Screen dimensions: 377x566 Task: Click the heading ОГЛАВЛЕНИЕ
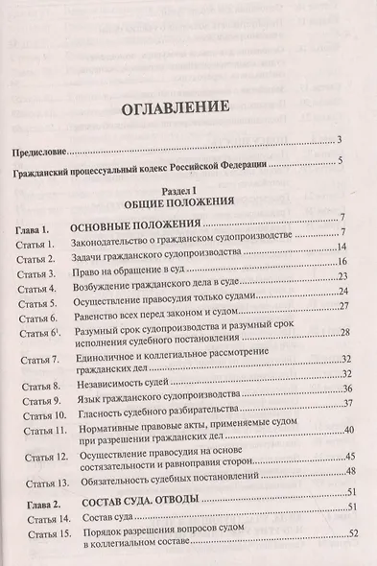188,106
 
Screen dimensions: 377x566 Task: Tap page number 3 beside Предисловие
341,141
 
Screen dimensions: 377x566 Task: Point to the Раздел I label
188,192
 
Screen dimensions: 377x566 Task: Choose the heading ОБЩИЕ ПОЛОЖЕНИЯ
188,205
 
